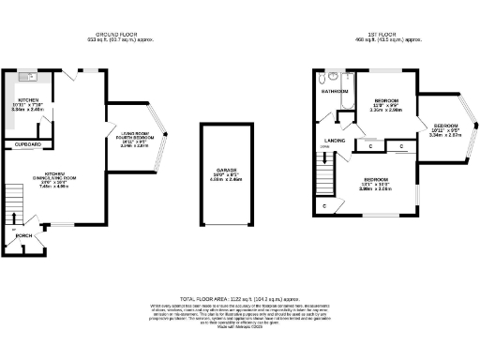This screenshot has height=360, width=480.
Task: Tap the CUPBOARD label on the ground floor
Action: tap(26, 145)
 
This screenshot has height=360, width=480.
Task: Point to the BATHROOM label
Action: tap(336, 92)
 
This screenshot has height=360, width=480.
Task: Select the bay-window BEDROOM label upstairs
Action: tap(445, 126)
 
